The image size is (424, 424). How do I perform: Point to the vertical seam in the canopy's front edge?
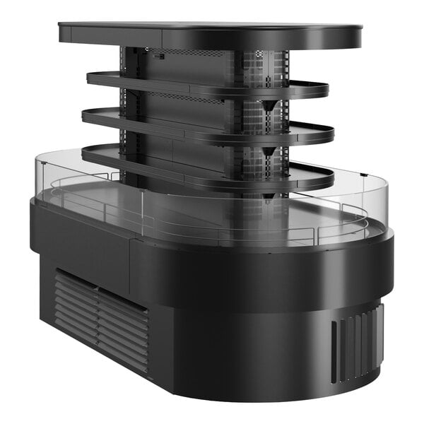tap(163, 38)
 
